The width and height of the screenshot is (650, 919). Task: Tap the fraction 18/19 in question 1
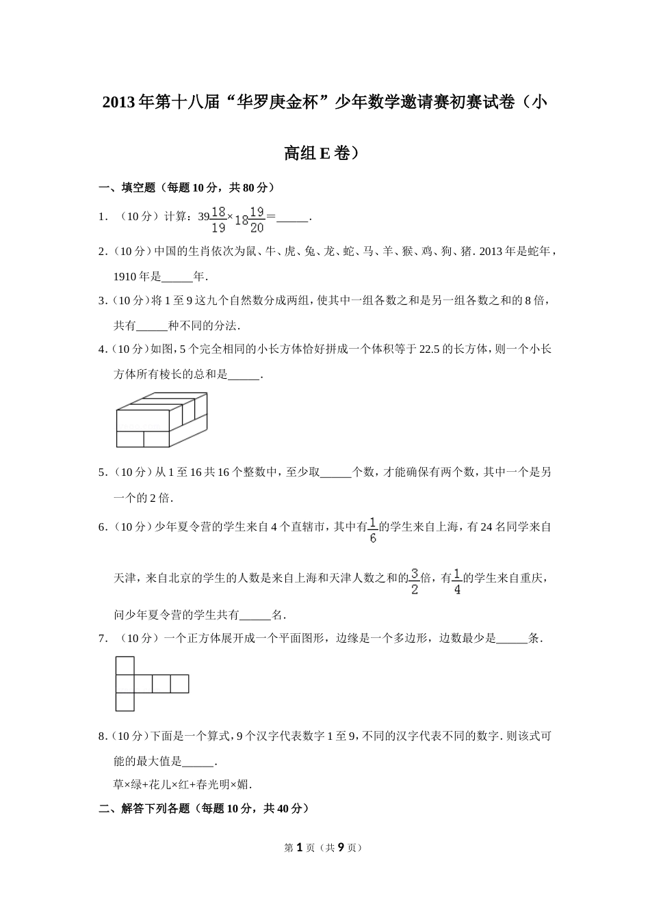coord(218,219)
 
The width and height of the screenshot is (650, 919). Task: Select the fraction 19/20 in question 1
coord(257,219)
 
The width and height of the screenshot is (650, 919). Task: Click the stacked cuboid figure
coord(161,420)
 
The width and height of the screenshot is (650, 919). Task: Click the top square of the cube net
coord(125,665)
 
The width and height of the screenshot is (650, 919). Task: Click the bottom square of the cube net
coord(125,702)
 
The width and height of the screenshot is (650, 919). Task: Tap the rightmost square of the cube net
coord(179,684)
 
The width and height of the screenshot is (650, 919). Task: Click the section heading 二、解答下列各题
coord(204,808)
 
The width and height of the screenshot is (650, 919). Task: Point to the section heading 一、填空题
coord(187,187)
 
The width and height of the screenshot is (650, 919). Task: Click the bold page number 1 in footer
coord(298,847)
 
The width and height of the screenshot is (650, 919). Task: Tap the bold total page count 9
coord(341,847)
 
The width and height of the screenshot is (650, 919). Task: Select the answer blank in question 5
coord(335,472)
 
